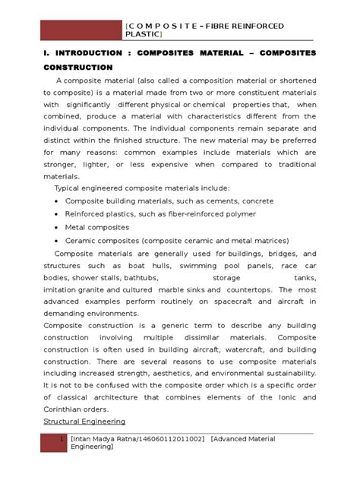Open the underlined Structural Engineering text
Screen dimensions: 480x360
pos(84,420)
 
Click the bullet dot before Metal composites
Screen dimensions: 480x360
pos(58,227)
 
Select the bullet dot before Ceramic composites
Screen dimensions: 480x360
pos(58,240)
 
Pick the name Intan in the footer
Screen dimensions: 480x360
pos(85,439)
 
